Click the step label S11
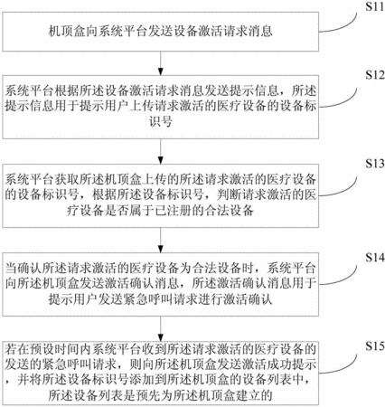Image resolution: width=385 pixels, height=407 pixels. tap(375, 6)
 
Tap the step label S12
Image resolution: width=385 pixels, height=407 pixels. tap(375, 75)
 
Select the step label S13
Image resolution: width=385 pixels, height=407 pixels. tap(375, 164)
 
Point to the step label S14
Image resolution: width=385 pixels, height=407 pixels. tap(375, 258)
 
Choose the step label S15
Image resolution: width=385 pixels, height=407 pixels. tap(375, 346)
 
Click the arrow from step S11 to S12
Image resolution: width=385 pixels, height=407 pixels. tap(161, 63)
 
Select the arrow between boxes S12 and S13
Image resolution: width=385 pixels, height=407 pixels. tap(161, 151)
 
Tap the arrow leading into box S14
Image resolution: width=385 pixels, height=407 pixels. tap(161, 240)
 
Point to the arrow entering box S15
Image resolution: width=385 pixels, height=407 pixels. tap(161, 329)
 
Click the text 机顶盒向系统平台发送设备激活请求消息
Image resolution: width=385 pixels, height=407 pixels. tap(161, 32)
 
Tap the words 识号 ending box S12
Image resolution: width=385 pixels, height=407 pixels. tap(161, 122)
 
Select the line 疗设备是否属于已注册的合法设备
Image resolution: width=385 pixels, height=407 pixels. tap(161, 211)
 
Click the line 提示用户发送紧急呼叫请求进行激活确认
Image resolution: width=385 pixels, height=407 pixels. tap(161, 299)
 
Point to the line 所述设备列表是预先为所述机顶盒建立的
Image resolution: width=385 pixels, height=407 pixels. tap(161, 395)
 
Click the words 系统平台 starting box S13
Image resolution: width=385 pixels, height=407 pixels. tap(29, 179)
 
